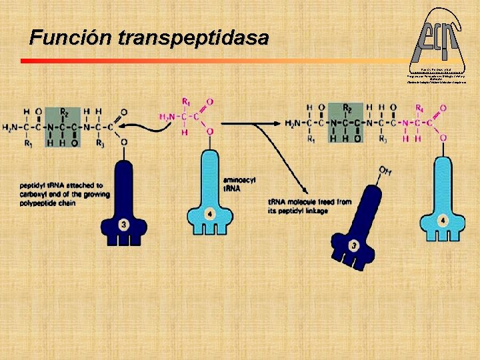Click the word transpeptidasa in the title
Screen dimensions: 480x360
click(193, 37)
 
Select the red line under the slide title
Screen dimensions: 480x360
click(200, 61)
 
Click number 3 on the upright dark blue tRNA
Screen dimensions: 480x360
click(124, 225)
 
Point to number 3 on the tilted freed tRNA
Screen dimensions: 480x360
click(354, 245)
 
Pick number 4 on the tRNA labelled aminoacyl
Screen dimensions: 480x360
click(209, 215)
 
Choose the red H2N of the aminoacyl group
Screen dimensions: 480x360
click(169, 117)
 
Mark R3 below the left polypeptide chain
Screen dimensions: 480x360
click(100, 142)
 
